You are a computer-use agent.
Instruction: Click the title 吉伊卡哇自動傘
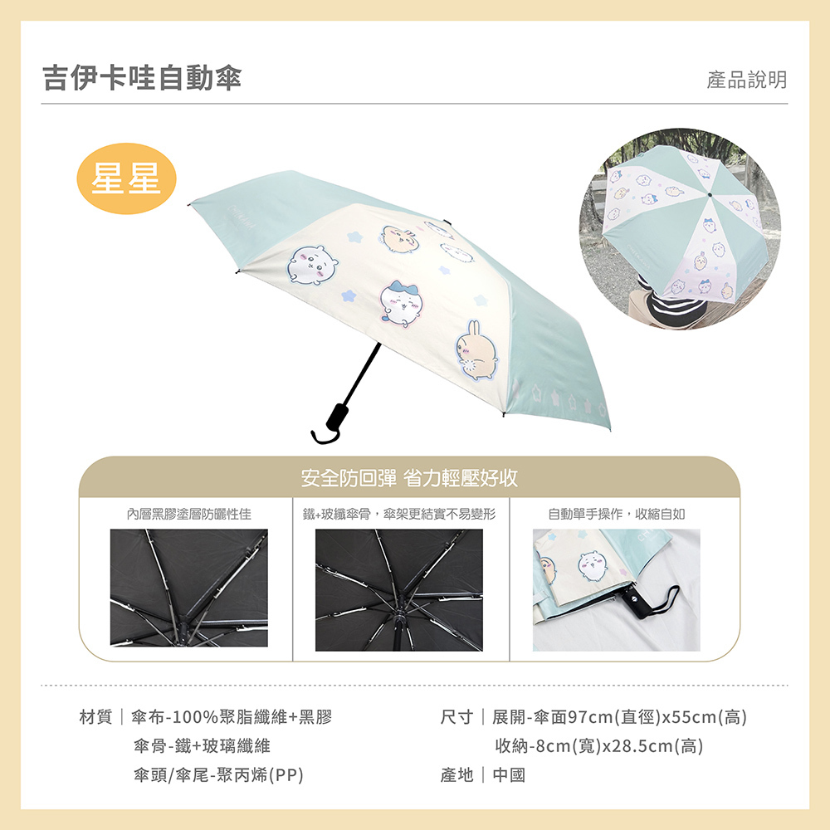click(142, 78)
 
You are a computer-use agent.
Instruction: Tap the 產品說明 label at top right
click(746, 80)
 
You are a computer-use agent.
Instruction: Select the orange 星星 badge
click(127, 178)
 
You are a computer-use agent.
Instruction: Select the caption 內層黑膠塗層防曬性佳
click(189, 515)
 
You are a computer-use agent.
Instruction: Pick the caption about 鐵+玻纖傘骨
click(400, 515)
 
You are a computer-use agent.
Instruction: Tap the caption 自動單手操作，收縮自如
click(617, 515)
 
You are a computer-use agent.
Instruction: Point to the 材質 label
click(95, 717)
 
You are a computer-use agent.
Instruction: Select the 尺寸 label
click(456, 717)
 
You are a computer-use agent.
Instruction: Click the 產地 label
click(456, 775)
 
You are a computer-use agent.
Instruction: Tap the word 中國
click(509, 775)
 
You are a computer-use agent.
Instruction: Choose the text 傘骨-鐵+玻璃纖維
click(202, 746)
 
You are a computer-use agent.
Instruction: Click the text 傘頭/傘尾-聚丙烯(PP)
click(218, 775)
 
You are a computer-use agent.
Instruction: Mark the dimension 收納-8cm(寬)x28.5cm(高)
click(598, 746)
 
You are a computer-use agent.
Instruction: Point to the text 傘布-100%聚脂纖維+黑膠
click(232, 717)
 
